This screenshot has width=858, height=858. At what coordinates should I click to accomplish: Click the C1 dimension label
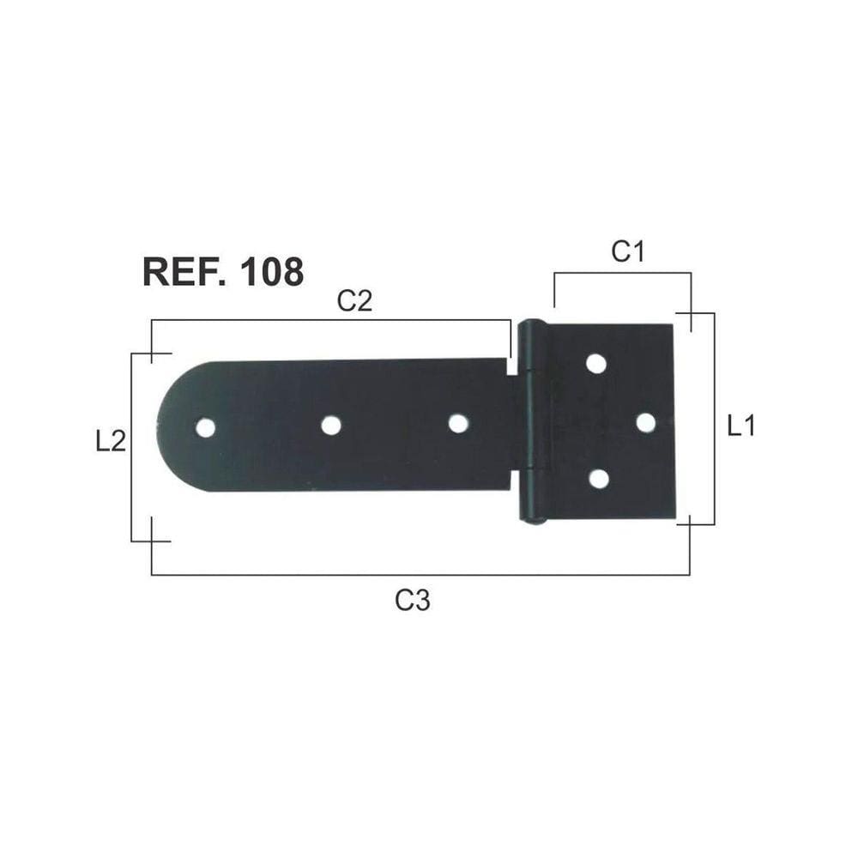click(628, 251)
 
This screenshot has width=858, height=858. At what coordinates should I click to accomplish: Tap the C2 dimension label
click(354, 300)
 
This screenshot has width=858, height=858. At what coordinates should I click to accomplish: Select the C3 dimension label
click(413, 601)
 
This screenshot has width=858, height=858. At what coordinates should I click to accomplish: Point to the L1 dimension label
click(741, 426)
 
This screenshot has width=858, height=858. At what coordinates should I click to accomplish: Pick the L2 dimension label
click(111, 441)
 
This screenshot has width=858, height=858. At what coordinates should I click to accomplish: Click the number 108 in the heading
click(272, 272)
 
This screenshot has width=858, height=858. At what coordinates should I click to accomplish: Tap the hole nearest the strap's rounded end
click(205, 427)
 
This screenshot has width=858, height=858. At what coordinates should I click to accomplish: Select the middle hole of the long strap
click(331, 426)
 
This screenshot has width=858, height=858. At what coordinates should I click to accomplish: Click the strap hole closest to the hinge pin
click(458, 424)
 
